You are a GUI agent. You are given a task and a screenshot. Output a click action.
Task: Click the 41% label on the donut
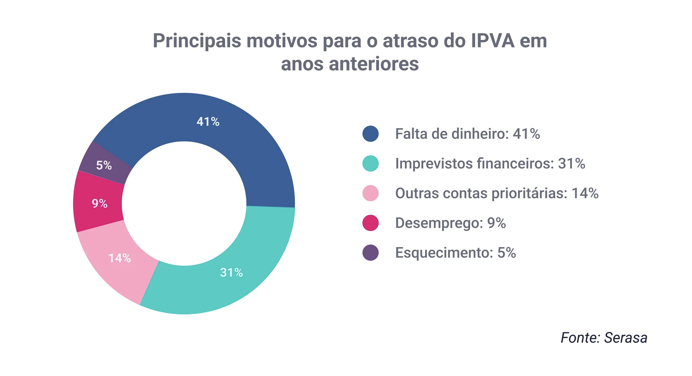click(208, 122)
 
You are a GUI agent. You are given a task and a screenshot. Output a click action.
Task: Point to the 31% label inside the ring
click(231, 272)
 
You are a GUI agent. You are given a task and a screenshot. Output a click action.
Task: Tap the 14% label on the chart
click(120, 258)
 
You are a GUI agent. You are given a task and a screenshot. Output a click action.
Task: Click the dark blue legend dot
click(370, 134)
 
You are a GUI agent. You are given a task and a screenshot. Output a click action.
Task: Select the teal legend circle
click(370, 163)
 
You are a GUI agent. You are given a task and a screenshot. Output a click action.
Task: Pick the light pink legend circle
click(370, 193)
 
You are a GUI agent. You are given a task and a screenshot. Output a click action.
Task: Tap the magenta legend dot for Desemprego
click(370, 223)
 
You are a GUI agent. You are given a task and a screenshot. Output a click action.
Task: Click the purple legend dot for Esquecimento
click(370, 253)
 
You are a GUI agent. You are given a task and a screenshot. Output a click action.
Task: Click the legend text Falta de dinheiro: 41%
click(467, 134)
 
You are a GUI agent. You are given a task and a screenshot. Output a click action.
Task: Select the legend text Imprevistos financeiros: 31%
click(490, 164)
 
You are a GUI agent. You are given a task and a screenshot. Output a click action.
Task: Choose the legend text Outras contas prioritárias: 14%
click(496, 194)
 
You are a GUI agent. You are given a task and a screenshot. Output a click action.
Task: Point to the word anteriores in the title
click(374, 64)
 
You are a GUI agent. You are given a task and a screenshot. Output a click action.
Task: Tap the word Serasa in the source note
click(625, 338)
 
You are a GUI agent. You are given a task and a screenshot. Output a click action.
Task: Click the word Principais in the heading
click(197, 41)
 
